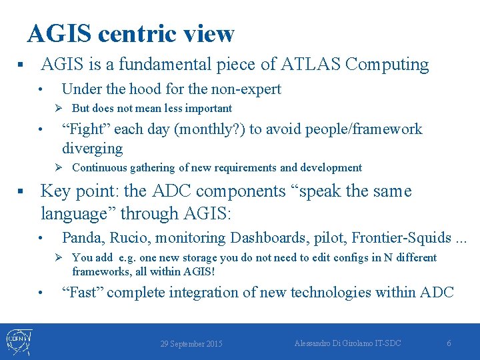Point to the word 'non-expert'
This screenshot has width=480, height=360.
248,89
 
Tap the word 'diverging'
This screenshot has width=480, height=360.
93,148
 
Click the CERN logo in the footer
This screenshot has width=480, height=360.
19,341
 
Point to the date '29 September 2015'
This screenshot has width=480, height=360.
191,344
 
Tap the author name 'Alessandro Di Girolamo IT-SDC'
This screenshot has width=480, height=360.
348,343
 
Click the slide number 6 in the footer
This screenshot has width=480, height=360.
449,343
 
